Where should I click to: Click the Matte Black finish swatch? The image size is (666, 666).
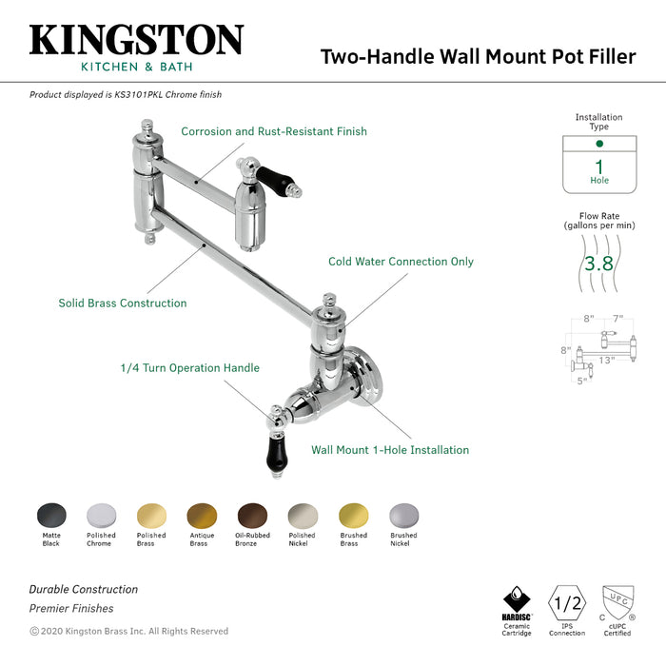(51, 515)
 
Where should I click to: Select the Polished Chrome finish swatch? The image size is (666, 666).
(101, 515)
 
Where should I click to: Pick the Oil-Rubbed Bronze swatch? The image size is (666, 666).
(252, 515)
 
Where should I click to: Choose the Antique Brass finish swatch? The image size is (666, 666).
(202, 515)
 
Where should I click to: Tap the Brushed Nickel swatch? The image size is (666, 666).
(403, 515)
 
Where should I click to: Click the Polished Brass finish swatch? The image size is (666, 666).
(151, 515)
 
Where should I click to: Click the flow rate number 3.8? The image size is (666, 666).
(598, 264)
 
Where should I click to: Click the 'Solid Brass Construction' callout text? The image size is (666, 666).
(122, 304)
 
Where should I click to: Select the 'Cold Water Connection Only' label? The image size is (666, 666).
(401, 262)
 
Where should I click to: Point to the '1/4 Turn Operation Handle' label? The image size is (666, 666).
(189, 368)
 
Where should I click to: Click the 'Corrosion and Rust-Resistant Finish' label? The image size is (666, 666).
(273, 131)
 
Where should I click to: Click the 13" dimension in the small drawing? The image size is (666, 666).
(605, 360)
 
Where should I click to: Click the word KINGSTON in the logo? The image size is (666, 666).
(136, 40)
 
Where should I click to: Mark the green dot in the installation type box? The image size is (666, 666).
(599, 144)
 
